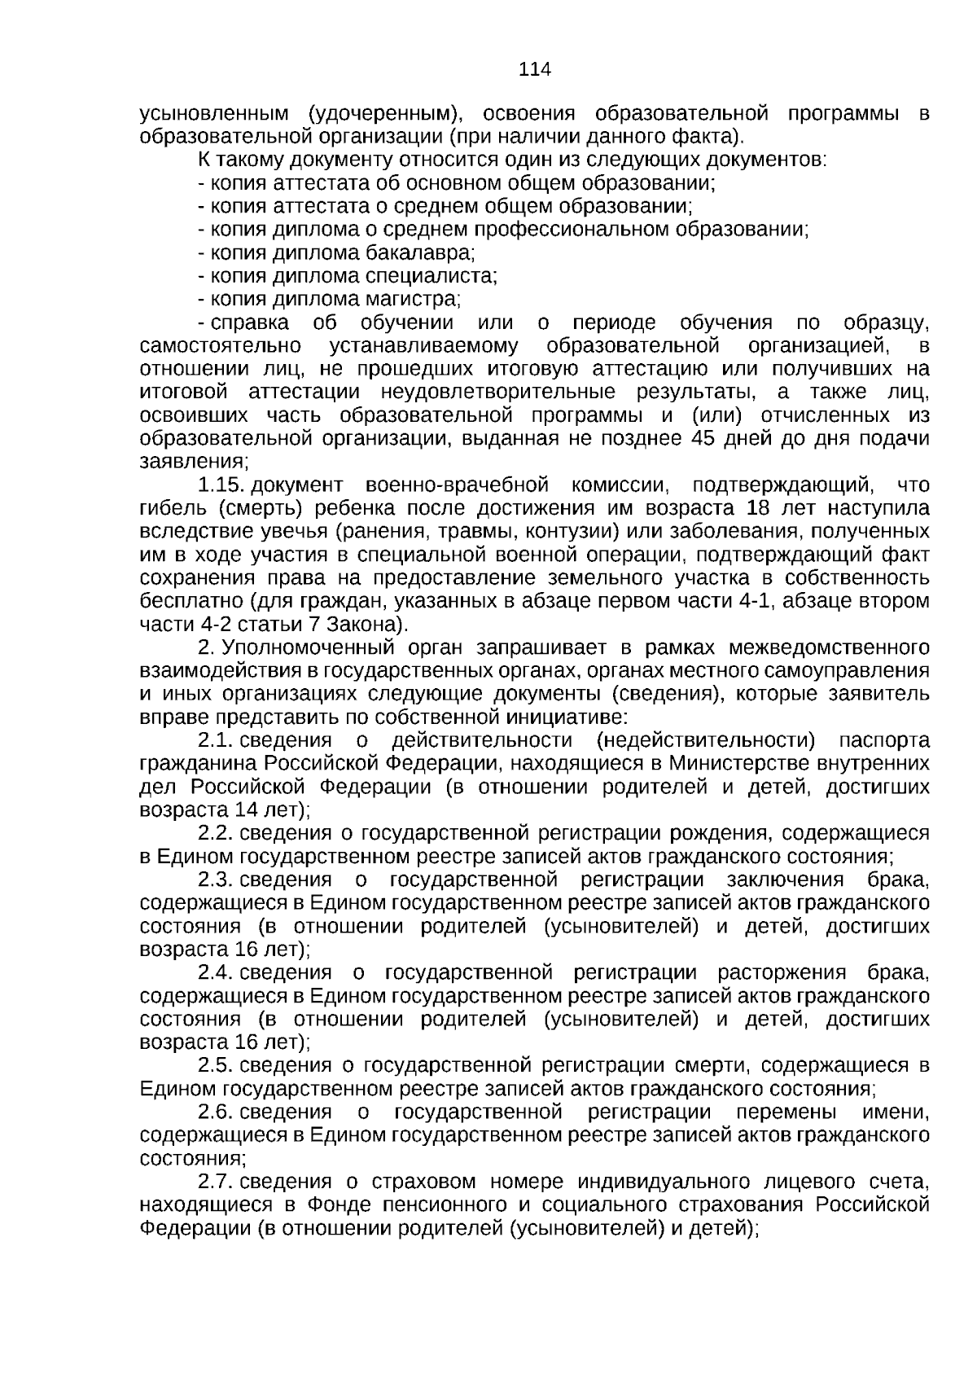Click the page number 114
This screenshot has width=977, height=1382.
[535, 69]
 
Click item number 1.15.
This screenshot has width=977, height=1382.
[221, 485]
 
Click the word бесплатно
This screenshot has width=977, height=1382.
[192, 601]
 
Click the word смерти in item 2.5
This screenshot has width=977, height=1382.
[706, 1065]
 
